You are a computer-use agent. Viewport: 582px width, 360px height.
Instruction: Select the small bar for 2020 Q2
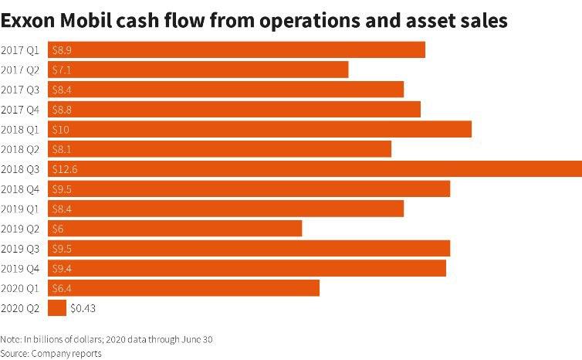pos(57,308)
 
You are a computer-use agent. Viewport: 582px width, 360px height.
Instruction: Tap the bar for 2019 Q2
pos(174,229)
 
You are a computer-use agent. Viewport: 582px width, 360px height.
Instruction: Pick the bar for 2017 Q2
pos(198,70)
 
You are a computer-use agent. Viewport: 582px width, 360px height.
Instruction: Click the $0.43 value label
pos(83,308)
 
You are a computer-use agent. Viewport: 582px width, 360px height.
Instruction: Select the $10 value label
pos(60,129)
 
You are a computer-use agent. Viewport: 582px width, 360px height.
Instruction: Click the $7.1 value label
pos(61,70)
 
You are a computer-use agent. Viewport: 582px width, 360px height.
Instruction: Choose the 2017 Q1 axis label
pos(22,50)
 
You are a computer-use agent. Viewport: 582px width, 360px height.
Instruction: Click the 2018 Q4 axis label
pos(22,188)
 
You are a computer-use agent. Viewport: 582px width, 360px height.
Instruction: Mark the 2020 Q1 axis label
pos(22,288)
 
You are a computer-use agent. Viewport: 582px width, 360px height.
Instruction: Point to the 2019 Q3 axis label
pos(22,249)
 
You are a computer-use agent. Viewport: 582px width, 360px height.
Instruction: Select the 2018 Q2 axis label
pos(22,149)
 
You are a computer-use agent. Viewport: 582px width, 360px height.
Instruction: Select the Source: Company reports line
pos(51,353)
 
